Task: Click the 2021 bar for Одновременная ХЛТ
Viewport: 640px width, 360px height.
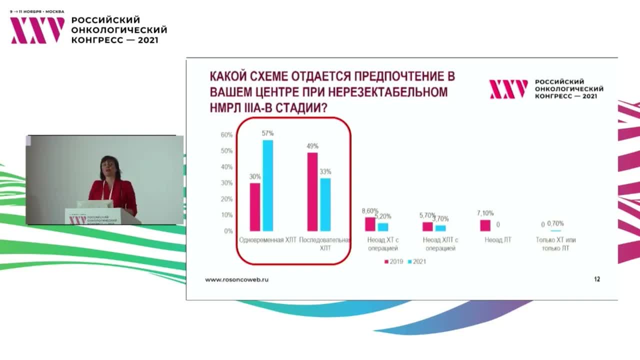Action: [268, 185]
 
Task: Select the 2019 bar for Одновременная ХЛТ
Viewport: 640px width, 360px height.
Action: [255, 207]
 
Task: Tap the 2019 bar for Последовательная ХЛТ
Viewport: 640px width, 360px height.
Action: [312, 191]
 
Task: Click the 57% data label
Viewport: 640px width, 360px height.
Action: [267, 133]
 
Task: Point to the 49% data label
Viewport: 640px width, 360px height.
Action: [312, 146]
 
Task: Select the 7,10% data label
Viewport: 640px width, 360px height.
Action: [485, 213]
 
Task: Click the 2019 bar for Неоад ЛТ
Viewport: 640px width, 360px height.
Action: [485, 225]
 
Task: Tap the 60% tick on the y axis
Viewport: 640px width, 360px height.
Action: [226, 135]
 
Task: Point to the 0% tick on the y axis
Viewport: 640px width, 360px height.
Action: [228, 231]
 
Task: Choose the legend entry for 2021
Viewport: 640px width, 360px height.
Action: [416, 261]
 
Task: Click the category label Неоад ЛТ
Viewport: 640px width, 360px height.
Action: [498, 240]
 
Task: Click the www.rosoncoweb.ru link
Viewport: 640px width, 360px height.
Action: [236, 280]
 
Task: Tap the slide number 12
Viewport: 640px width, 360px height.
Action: [597, 279]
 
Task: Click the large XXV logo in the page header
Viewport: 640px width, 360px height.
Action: [37, 30]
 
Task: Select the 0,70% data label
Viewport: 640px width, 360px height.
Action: [555, 223]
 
